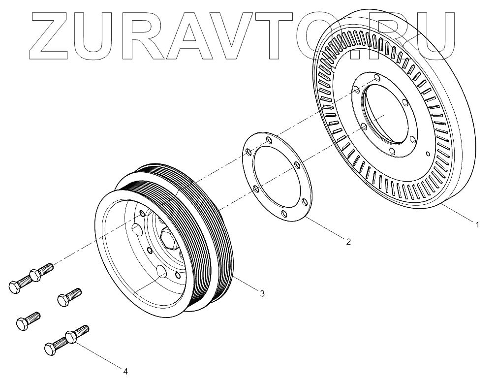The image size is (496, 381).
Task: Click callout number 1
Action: pyautogui.click(x=477, y=224)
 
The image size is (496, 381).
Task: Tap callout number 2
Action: pyautogui.click(x=348, y=241)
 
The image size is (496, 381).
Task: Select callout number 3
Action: pyautogui.click(x=262, y=293)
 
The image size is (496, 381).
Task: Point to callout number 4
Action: pyautogui.click(x=125, y=371)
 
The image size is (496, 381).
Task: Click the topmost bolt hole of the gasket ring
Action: pyautogui.click(x=268, y=141)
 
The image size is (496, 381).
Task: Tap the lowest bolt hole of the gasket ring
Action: pyautogui.click(x=284, y=213)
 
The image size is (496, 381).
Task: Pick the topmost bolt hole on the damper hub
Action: pyautogui.click(x=377, y=78)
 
